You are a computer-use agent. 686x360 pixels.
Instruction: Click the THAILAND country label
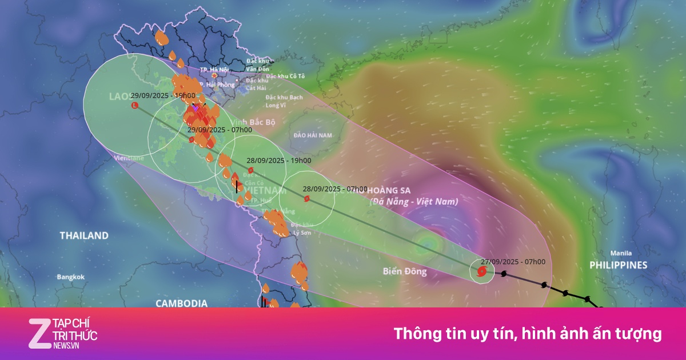(x=84, y=235)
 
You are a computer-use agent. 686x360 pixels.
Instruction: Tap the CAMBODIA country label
(x=181, y=303)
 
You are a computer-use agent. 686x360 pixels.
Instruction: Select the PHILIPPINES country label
(x=619, y=265)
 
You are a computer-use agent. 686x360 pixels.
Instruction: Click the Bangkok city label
(x=70, y=277)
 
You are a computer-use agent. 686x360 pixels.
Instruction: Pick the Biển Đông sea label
(x=405, y=271)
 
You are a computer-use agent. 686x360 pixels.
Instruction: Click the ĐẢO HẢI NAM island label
(x=312, y=135)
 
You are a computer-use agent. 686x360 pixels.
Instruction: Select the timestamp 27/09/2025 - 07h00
(x=513, y=262)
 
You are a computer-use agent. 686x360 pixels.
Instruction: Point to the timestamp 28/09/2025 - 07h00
(x=334, y=189)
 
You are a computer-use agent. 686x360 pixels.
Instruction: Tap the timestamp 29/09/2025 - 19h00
(x=162, y=95)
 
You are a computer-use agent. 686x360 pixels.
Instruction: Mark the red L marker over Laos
(x=135, y=106)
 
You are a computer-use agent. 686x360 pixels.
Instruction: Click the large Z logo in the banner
(x=40, y=333)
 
